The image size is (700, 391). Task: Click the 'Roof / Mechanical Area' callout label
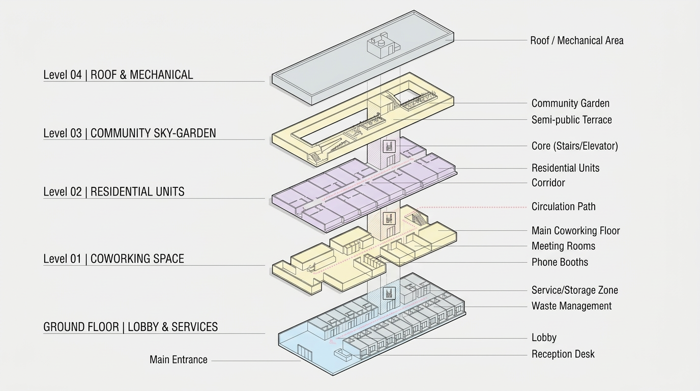576,41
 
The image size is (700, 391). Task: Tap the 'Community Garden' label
570,103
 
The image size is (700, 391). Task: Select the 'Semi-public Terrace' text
571,120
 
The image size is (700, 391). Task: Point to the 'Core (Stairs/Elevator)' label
574,146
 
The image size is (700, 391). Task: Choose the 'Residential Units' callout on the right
565,168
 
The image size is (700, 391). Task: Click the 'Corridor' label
548,183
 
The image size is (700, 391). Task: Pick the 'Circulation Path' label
563,207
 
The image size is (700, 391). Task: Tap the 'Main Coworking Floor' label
575,231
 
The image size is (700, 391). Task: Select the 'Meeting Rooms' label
563,246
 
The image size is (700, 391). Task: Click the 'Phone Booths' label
560,263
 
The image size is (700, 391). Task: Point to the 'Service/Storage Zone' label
574,291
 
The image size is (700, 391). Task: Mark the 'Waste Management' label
571,306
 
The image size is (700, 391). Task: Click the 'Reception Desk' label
563,354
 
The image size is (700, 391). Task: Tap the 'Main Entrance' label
179,360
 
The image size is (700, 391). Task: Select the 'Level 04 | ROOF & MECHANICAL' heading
118,75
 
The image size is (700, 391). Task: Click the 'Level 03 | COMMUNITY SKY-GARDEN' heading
129,133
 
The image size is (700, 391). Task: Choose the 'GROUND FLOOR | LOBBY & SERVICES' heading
130,327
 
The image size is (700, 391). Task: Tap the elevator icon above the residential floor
389,147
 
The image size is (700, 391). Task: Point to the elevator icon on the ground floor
389,293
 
